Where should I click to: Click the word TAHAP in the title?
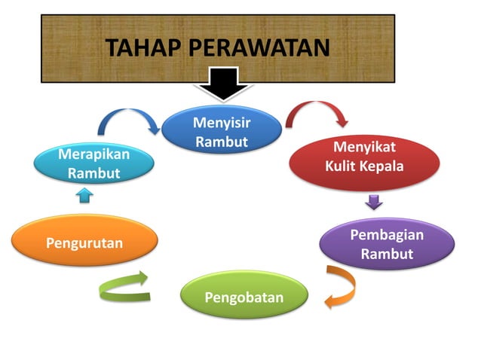pyautogui.click(x=141, y=47)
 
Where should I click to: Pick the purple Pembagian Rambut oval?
pyautogui.click(x=386, y=244)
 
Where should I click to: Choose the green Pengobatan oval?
pyautogui.click(x=244, y=295)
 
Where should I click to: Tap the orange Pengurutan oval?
pyautogui.click(x=84, y=242)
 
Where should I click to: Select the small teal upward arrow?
pyautogui.click(x=84, y=195)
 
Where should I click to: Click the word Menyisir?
pyautogui.click(x=221, y=122)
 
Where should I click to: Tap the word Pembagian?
pyautogui.click(x=386, y=235)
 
